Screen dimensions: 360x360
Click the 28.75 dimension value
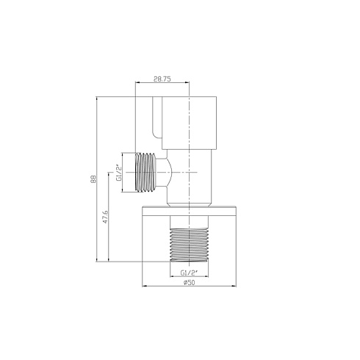click(162, 79)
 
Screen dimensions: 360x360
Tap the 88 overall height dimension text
click(93, 179)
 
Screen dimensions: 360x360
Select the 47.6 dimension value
click(106, 217)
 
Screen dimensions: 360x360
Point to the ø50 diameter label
click(190, 282)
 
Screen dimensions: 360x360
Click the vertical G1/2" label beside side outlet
click(119, 173)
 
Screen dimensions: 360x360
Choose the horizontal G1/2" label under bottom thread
click(189, 273)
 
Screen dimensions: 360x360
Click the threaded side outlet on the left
click(145, 173)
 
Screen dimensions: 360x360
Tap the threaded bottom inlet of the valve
click(190, 245)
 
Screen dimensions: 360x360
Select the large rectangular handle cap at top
click(189, 123)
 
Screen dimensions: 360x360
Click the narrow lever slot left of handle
click(157, 118)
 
